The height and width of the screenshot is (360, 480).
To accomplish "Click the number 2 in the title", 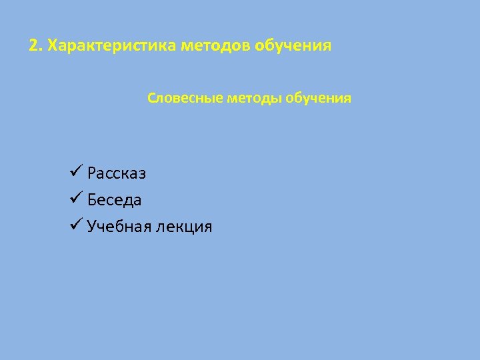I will coord(33,47).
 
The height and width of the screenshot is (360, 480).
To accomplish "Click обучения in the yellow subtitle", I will coord(319,99).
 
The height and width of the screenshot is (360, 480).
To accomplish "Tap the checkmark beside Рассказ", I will coord(75,172).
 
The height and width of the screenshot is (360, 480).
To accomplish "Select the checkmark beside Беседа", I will coord(75,199).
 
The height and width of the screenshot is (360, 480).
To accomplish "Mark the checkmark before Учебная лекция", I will coord(75,225).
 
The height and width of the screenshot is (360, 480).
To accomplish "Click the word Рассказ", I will coord(117,173).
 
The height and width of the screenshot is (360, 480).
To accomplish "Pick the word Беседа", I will coord(114,200).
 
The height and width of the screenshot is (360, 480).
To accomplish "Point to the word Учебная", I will coord(119,227).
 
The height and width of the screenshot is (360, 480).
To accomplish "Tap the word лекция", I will coord(184,227).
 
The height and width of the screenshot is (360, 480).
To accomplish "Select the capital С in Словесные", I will coord(151,99).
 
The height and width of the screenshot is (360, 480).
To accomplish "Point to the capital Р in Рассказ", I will coord(91,173).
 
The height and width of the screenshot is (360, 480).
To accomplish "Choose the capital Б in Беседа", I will coord(91,200).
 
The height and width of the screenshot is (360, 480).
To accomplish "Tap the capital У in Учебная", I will coord(91,227).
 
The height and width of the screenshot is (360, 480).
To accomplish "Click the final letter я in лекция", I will coord(207,228).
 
